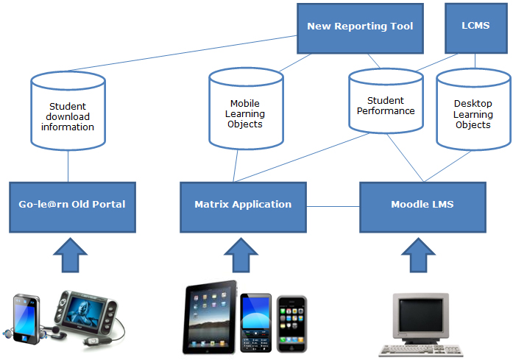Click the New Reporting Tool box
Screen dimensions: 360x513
click(x=360, y=27)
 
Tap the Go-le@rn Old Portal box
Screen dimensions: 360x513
click(x=72, y=205)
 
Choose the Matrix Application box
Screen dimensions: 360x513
click(x=243, y=205)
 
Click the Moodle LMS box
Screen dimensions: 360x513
click(x=422, y=205)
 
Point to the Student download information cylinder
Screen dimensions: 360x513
click(x=68, y=113)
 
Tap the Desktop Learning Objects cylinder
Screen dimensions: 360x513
click(x=473, y=110)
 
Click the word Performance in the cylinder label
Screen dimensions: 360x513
click(x=386, y=111)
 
